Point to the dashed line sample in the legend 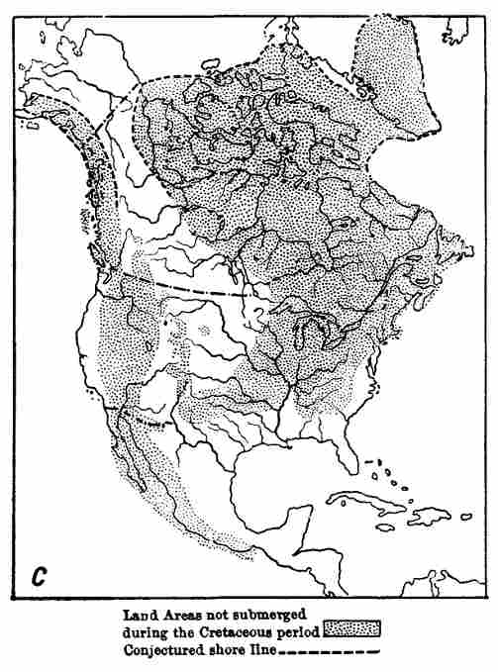tap(332, 651)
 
